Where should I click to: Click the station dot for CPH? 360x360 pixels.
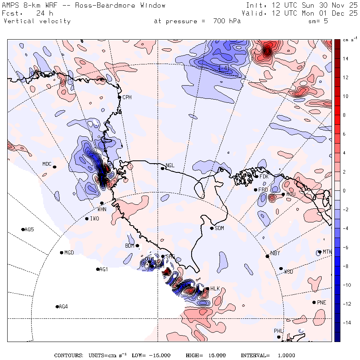119,97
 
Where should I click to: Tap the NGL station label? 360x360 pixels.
170,165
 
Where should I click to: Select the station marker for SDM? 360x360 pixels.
212,228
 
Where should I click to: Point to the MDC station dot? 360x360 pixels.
54,167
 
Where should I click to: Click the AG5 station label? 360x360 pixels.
29,230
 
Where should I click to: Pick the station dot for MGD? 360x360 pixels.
61,252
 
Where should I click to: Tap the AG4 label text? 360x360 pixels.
63,307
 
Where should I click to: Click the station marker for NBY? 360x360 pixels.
267,256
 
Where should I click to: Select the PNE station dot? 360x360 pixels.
314,302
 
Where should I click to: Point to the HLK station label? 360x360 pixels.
215,288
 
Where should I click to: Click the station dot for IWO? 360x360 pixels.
87,218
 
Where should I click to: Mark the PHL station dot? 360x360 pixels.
279,337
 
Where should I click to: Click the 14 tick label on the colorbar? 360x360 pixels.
345,59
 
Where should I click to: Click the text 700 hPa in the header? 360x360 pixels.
226,21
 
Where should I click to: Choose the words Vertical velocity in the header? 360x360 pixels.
37,21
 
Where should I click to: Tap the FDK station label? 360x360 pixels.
264,176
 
